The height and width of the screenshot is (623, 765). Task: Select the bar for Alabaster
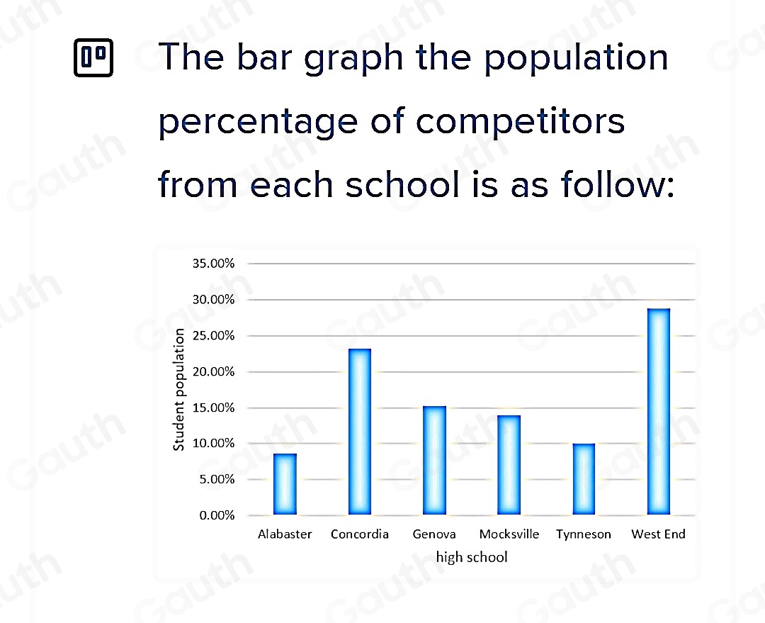click(285, 483)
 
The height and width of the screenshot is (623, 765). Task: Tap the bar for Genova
click(434, 460)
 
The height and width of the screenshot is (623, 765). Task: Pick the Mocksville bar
click(509, 464)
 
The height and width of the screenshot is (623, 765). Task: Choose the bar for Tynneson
click(584, 478)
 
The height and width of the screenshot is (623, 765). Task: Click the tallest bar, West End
click(658, 411)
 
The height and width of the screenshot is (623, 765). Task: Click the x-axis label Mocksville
click(509, 534)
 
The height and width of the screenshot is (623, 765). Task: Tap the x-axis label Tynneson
click(584, 534)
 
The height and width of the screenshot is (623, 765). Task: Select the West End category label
click(658, 534)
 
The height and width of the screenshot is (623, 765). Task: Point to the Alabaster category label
click(285, 534)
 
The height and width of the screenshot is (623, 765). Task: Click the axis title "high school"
click(472, 557)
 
